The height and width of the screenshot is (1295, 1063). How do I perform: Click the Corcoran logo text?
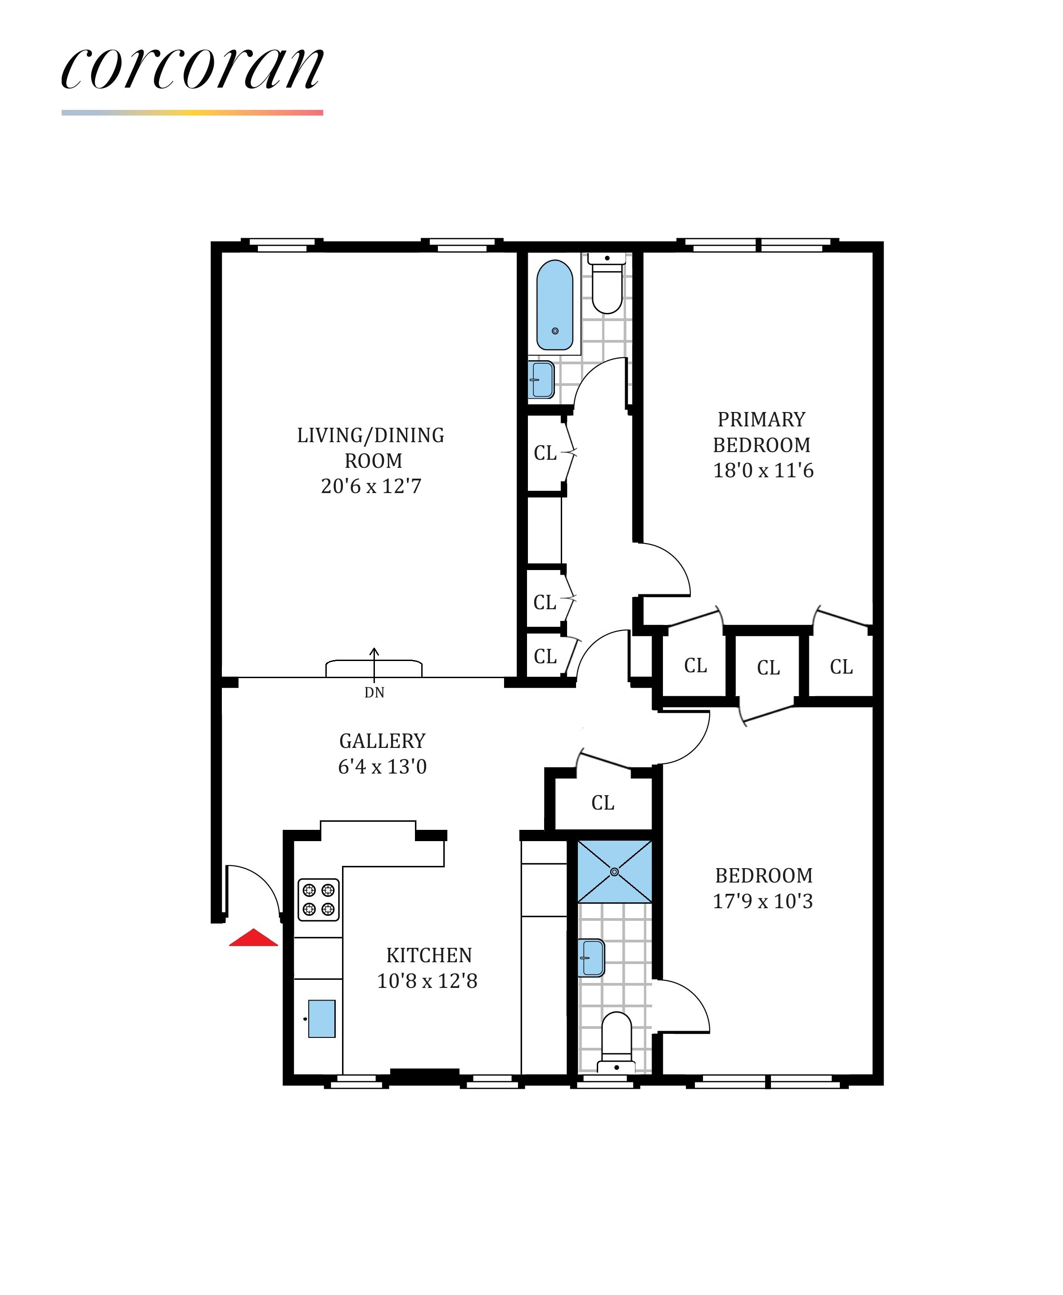coord(192,68)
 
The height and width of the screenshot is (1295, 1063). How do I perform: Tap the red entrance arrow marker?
coord(253,938)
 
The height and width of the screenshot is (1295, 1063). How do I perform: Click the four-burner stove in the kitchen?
coord(319,899)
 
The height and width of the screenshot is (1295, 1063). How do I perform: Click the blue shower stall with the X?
coord(614,871)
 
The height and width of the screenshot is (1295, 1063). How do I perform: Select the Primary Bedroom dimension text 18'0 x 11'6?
coord(763,471)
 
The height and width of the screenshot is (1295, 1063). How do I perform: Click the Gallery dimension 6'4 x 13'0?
coord(382,766)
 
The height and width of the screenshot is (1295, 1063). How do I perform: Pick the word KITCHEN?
coord(428,955)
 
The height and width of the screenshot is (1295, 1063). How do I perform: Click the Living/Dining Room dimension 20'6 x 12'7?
coord(371,486)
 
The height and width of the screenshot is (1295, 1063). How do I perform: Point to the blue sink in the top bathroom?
coord(542,379)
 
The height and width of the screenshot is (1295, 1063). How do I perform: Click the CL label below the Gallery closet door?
coord(603,802)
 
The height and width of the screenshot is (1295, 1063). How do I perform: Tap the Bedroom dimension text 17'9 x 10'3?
coord(763,901)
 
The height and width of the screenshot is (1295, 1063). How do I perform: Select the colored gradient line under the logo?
coord(192,113)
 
